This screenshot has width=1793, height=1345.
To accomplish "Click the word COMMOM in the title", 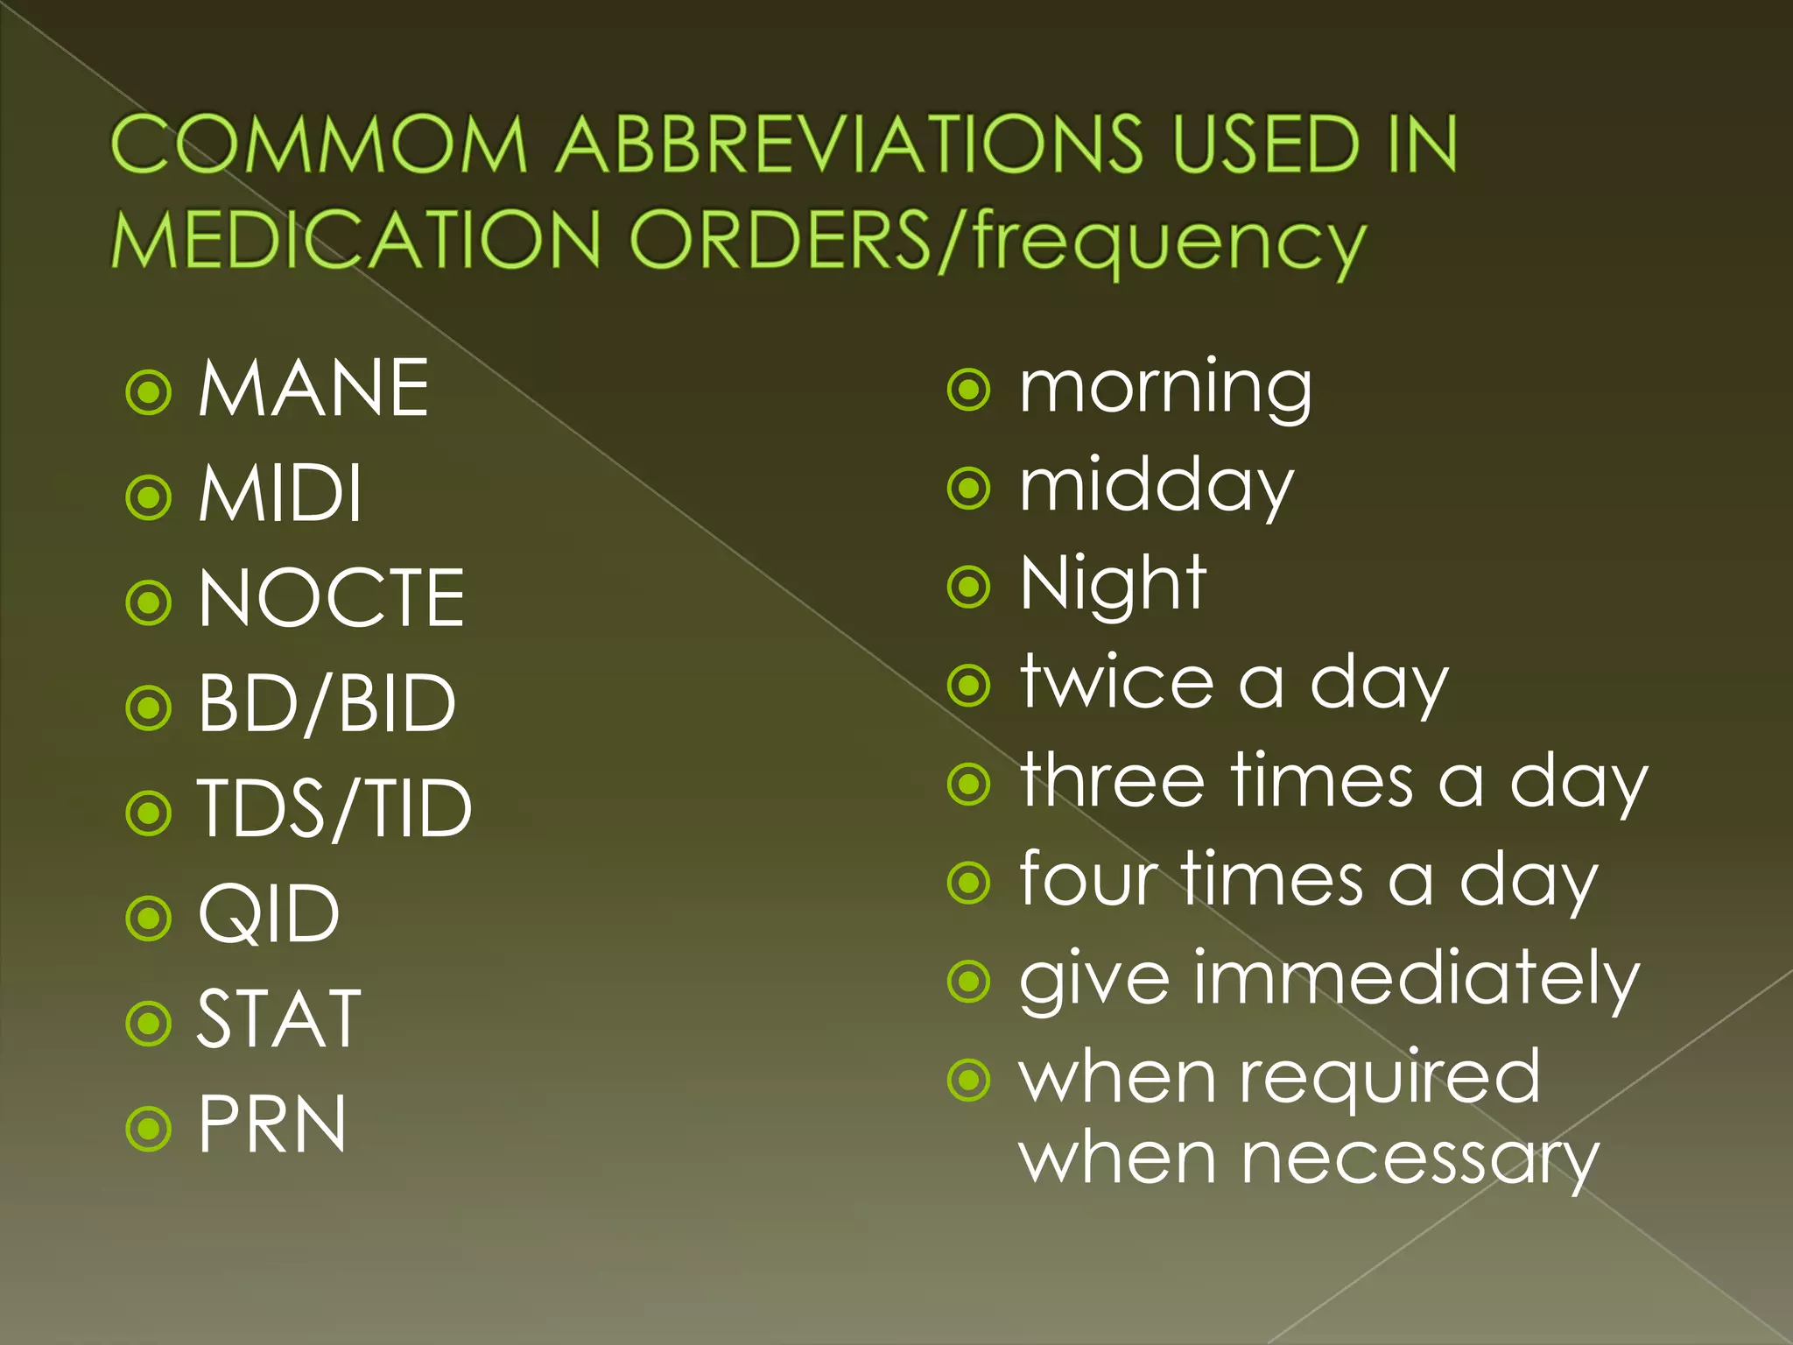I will (x=320, y=144).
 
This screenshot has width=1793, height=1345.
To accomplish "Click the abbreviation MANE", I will (x=313, y=388).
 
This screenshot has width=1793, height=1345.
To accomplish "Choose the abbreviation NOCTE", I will (x=331, y=599).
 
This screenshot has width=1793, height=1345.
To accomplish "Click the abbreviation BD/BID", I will (x=327, y=704).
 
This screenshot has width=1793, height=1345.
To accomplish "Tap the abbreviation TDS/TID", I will (x=334, y=809).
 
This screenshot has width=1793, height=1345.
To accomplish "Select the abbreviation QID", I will (x=269, y=915).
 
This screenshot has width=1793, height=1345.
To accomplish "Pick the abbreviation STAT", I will (x=278, y=1019).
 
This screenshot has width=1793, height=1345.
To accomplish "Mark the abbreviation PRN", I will (x=272, y=1124).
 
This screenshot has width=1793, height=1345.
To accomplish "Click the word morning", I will (x=1165, y=388).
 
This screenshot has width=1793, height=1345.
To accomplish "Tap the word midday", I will (x=1156, y=487).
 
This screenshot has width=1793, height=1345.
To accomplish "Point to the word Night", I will (x=1114, y=584).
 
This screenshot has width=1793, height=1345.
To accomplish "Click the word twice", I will (x=1117, y=683).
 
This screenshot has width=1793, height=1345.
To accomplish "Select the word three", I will (x=1113, y=781).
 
